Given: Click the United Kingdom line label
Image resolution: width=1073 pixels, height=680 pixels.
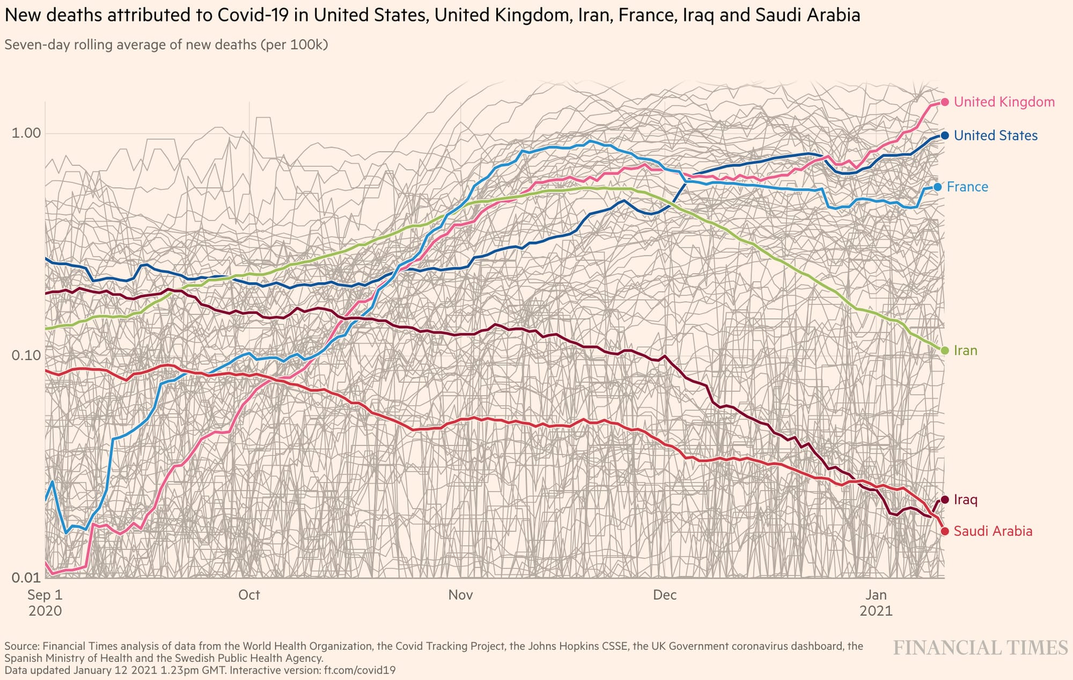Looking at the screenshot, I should pos(1004,102).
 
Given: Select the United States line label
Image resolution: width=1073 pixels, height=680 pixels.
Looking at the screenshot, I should pos(995,136).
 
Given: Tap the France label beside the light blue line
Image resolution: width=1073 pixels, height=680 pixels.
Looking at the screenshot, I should pos(967,187).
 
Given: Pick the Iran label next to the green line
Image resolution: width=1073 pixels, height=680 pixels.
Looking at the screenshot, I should pos(965,350).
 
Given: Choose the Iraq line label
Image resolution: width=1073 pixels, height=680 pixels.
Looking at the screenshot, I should pos(965,500).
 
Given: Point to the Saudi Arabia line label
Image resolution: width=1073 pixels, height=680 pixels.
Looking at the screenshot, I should pos(993,531).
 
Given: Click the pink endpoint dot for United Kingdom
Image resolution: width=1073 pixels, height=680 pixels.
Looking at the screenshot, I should pos(945,102).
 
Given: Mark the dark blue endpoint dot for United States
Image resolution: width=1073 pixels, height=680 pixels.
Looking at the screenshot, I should pos(945,136).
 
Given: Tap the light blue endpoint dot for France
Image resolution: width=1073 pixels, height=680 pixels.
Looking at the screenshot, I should pos(938,187).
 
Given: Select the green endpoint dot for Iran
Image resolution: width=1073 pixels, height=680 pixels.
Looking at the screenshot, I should pos(945,350).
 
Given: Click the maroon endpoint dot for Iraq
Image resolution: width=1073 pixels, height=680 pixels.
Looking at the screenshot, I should pos(945,500).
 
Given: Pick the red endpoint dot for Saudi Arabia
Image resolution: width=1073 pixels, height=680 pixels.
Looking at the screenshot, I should pos(945,531).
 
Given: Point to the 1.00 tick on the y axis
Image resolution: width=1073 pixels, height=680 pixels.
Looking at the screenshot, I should pos(26,133).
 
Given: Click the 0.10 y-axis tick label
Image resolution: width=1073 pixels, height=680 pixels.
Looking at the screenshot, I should pos(26,355).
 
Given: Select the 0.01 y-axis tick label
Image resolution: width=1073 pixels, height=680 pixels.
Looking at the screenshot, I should pos(26,577).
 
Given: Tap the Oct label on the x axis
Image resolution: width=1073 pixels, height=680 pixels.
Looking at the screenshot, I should pos(249,595).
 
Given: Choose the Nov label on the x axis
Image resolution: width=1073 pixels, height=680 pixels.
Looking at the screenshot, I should pos(460,595).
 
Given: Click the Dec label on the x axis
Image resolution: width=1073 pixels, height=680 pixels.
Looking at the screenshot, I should pos(665,595).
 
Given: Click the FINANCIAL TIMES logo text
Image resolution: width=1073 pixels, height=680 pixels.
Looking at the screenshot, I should pos(980,648).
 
